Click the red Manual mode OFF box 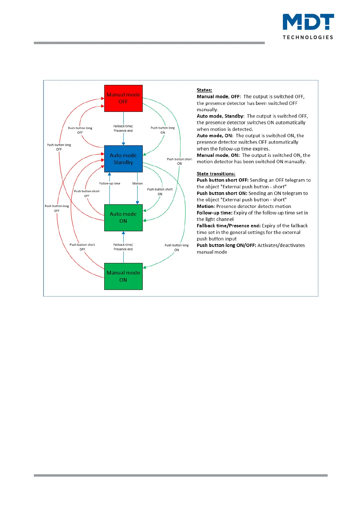123,98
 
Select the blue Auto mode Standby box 123,159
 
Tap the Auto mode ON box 123,218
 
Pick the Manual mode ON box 123,276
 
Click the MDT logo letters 308,22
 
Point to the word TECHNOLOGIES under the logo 308,37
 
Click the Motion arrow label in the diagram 138,183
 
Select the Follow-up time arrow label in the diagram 110,183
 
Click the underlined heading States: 204,90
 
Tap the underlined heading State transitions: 216,174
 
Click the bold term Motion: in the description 206,206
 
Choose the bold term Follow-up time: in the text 215,213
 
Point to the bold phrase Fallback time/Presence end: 229,226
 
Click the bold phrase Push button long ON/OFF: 226,245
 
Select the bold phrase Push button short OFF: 222,180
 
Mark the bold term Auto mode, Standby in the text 220,116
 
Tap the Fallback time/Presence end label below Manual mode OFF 123,128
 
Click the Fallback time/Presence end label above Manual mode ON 123,247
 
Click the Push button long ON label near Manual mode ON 177,248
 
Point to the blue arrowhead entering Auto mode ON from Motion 138,203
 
